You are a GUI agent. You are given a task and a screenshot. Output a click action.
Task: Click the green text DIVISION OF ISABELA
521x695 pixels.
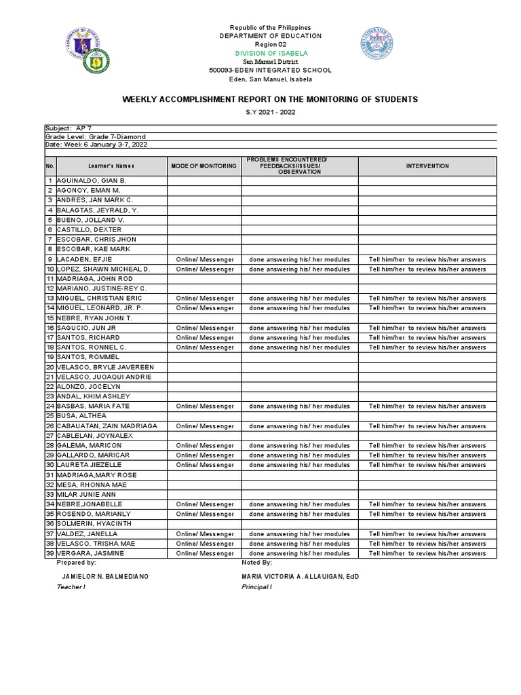269,53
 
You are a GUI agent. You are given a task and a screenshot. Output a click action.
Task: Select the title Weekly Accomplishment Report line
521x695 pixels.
270,99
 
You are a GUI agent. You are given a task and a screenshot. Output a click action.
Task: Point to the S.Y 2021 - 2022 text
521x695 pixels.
269,113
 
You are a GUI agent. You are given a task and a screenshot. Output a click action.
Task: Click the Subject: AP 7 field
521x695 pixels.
66,128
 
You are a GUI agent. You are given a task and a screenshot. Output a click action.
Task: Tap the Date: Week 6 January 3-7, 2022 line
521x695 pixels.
96,145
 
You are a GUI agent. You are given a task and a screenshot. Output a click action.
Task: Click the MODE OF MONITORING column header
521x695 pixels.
204,166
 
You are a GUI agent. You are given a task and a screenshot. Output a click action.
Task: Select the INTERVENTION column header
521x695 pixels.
427,166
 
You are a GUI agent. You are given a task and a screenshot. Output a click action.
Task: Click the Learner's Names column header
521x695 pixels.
111,166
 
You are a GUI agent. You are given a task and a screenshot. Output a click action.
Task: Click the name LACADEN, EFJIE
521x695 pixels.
79,259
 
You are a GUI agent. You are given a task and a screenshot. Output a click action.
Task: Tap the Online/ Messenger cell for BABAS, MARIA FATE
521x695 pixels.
204,407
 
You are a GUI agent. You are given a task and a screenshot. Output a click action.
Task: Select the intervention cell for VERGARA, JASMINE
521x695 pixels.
427,554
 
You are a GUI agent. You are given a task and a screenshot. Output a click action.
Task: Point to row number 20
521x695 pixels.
50,367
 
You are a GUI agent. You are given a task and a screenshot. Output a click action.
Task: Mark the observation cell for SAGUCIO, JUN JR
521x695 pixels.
299,328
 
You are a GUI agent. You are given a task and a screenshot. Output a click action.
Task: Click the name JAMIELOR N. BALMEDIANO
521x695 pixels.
104,576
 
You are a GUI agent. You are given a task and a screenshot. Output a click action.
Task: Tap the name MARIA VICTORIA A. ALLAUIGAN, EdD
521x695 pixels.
300,576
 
